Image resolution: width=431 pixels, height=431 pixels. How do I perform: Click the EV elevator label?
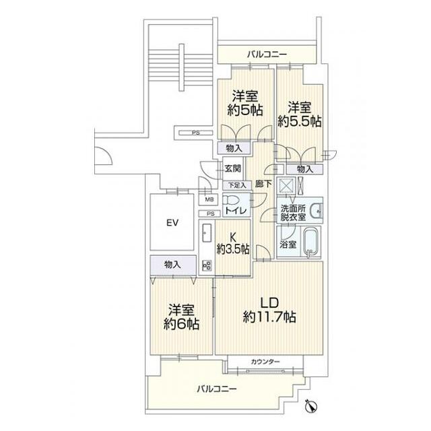pos(172,222)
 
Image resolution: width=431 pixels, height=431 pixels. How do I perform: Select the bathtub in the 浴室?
pos(311,242)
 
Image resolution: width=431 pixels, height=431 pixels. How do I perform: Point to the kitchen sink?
pos(207,232)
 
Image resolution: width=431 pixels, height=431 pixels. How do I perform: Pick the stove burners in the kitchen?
pos(207,265)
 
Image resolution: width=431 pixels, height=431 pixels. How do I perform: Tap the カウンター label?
pos(265,362)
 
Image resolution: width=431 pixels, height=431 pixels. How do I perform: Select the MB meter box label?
pos(209,199)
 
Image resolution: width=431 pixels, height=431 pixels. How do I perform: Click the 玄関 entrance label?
pos(233,168)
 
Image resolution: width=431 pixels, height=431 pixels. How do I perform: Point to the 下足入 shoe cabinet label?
pos(237,186)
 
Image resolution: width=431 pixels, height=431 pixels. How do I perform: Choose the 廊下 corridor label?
pos(263,184)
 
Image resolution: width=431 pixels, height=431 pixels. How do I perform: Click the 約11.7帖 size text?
pos(269,317)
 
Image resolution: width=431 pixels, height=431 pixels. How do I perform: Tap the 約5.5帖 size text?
pos(300,121)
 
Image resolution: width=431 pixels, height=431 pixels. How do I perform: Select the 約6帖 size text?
pos(181,324)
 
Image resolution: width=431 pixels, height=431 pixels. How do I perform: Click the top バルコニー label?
pos(267,54)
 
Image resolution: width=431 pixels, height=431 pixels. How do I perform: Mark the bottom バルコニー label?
pos(217,389)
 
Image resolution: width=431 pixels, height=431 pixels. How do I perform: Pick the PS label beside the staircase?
pos(196,133)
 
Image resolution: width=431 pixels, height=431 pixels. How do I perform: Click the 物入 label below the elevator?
pos(172,265)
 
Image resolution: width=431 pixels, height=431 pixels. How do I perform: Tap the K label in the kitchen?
pos(233,237)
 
